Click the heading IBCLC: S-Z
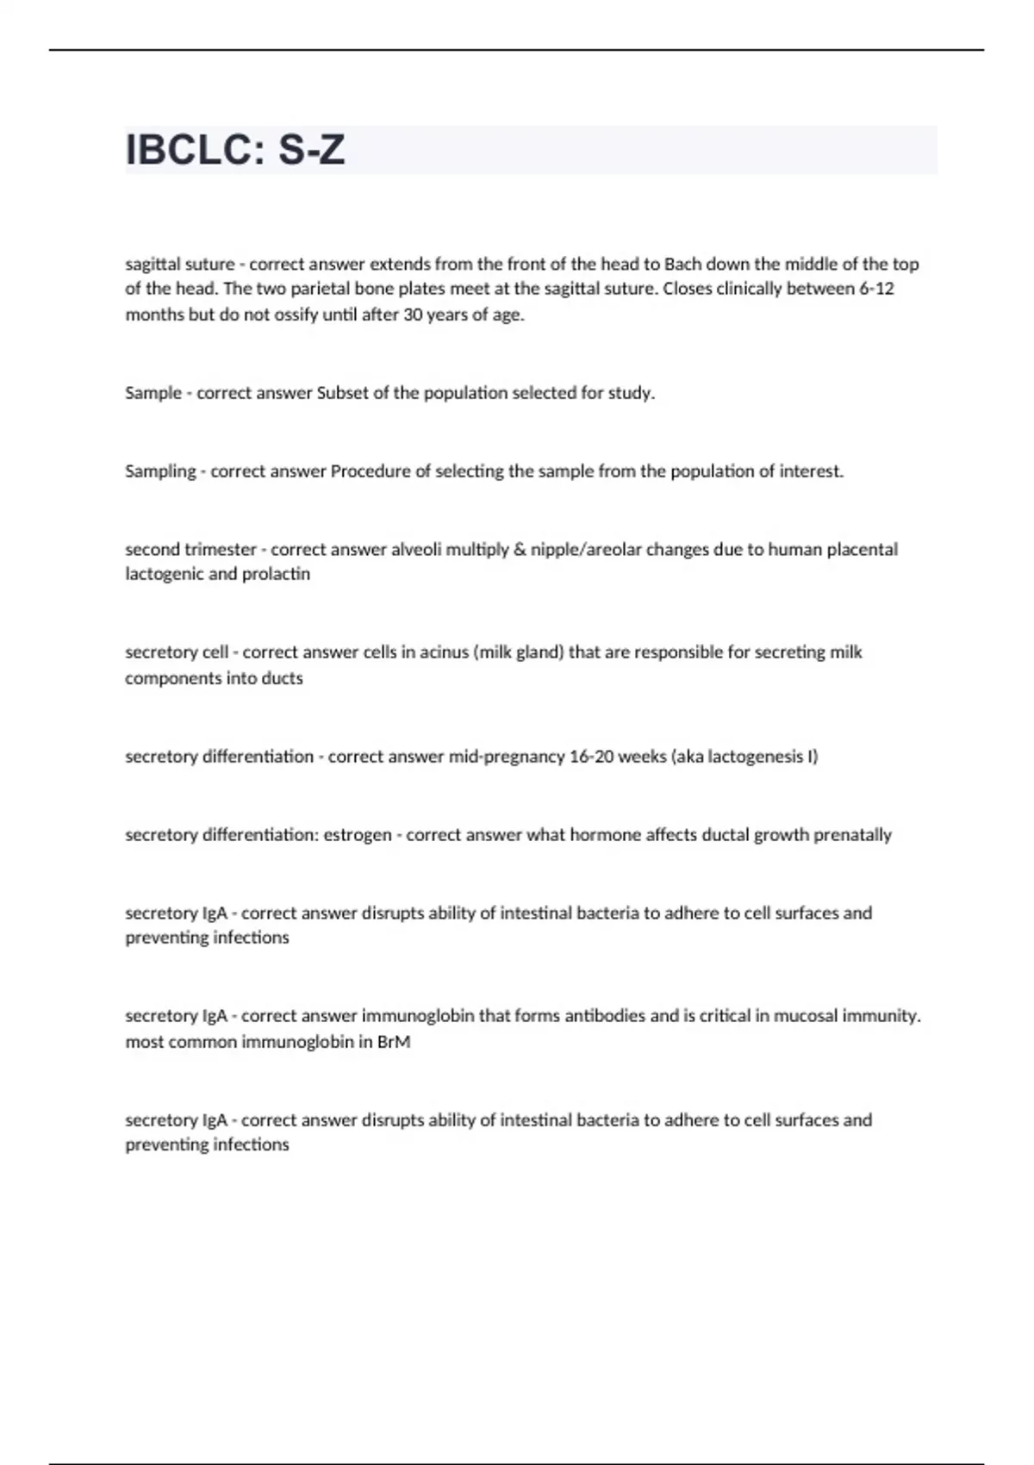(235, 150)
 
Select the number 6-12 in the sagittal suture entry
(876, 289)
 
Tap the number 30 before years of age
(413, 315)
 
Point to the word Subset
(343, 393)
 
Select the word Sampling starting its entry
(160, 471)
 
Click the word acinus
(443, 652)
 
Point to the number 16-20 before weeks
(590, 757)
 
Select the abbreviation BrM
(394, 1042)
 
